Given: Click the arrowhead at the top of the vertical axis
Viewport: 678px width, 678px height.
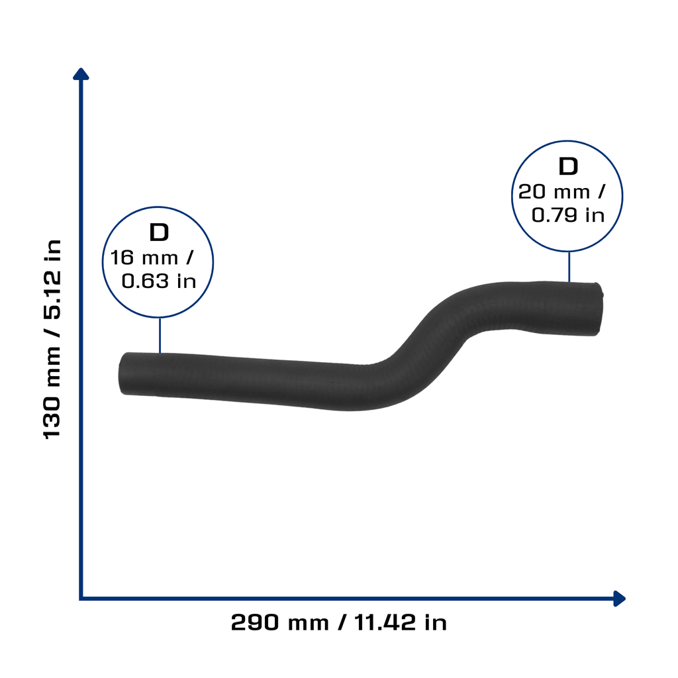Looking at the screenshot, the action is pos(81,73).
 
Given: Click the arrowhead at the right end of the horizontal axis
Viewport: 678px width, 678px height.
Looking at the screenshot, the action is pos(620,599).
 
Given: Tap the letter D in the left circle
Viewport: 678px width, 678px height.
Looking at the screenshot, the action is pos(159,232).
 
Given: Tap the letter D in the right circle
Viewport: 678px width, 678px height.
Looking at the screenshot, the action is pos(568,166).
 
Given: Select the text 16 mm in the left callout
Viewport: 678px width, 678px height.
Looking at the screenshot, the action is pos(144,258).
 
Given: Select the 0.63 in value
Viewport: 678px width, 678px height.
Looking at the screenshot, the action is pos(159,281).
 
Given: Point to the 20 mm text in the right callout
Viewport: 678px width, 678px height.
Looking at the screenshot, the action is pos(554,192).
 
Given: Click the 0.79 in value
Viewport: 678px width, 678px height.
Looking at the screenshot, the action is pos(567,215).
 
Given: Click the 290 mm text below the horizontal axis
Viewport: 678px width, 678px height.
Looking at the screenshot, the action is pos(280,622).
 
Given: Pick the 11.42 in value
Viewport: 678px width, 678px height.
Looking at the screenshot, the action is pos(401,622).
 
